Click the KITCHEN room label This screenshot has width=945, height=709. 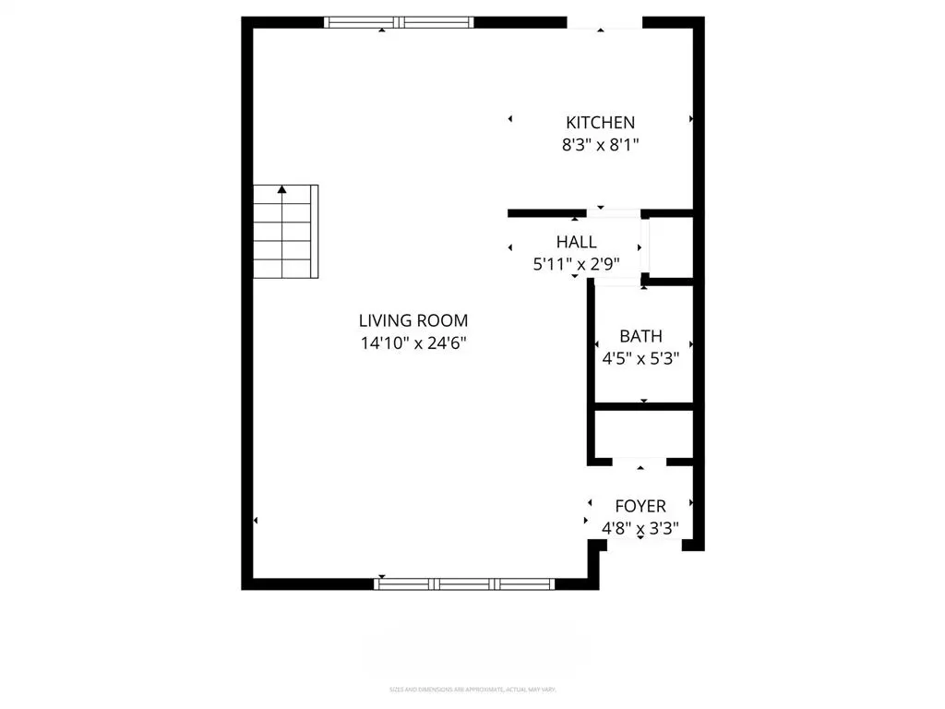click(600, 122)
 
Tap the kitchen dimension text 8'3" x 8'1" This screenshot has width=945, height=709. click(600, 145)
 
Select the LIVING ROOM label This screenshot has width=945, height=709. click(413, 320)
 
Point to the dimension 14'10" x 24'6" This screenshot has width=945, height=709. click(413, 343)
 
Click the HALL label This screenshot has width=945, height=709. click(576, 242)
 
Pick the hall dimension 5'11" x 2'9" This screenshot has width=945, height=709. click(576, 263)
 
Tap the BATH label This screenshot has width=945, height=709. click(640, 337)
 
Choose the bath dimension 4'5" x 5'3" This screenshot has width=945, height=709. click(640, 359)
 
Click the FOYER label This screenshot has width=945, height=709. click(640, 506)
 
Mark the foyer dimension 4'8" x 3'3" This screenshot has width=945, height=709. click(640, 529)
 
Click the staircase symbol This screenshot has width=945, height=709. click(285, 232)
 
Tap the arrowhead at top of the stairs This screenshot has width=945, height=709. click(282, 189)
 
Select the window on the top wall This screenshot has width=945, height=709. click(399, 22)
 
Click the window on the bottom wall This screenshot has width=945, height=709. click(464, 583)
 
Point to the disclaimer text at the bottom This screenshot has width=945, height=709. click(472, 690)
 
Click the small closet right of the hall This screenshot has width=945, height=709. click(671, 246)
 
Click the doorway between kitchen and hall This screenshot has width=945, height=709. click(613, 213)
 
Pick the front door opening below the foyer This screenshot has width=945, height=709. click(641, 547)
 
